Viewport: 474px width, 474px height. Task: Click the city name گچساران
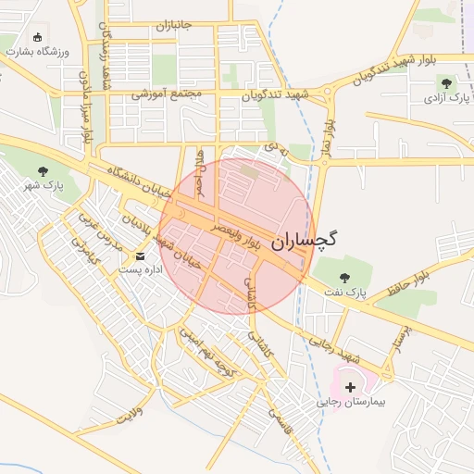[306, 239]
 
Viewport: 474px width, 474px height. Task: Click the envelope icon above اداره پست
[141, 255]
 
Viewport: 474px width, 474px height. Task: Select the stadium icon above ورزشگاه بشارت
[37, 38]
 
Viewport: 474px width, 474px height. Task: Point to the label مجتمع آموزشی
[167, 94]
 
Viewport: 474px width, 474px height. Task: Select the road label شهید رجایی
[332, 348]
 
